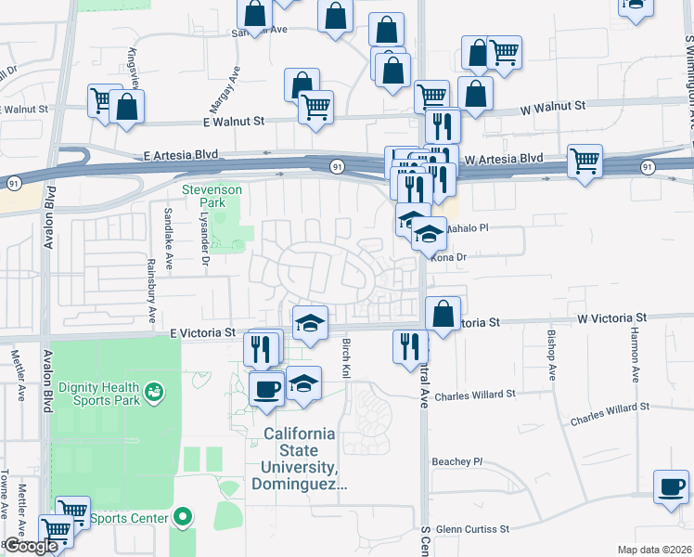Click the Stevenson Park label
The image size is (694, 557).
[212, 196]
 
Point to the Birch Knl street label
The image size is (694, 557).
[346, 357]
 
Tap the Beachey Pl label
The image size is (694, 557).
[457, 460]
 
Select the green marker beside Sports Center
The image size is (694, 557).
[184, 517]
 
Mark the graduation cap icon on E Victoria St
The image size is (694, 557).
[311, 322]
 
